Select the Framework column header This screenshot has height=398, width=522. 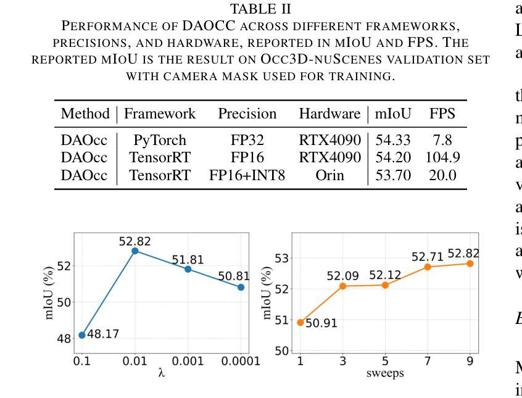pos(160,114)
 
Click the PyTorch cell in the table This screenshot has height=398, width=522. pos(159,142)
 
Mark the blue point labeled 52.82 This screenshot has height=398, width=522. pos(135,251)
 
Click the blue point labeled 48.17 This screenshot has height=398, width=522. pos(82,335)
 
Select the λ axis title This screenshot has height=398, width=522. pos(162,374)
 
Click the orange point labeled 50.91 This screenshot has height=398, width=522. pos(300,322)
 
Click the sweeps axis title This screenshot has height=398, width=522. pos(385,374)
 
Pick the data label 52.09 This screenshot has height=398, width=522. pos(342,275)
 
